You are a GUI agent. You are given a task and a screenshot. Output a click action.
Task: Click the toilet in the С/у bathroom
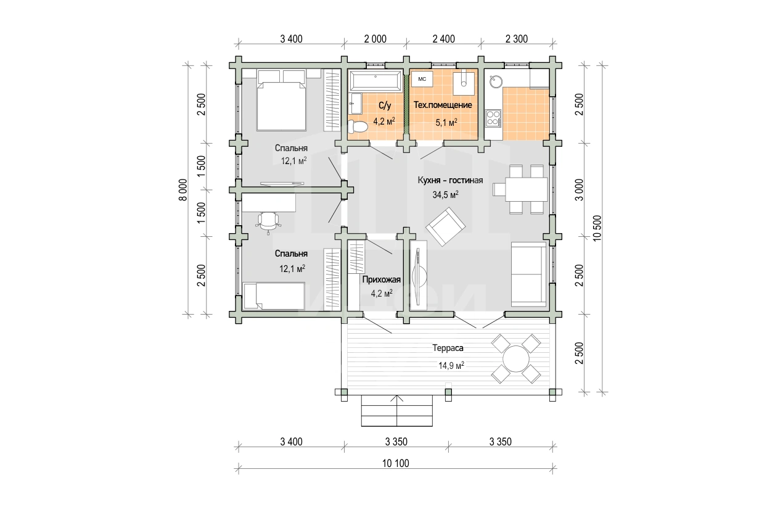coord(357,126)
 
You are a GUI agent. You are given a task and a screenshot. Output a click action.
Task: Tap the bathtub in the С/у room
coord(375,81)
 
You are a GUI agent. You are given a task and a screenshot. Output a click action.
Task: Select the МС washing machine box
coord(422,79)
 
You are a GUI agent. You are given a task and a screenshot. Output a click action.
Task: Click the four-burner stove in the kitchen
coord(493,118)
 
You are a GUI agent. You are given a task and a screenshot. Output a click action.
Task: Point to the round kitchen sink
coord(496,81)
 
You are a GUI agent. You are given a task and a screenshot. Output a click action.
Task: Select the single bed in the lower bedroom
coord(274,296)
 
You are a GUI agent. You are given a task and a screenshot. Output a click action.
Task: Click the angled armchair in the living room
coord(445,226)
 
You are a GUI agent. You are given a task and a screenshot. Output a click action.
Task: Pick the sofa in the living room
coord(528,274)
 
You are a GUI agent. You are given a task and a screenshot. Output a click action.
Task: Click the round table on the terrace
coord(516,359)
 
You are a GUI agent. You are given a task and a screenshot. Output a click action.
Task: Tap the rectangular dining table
coord(526,189)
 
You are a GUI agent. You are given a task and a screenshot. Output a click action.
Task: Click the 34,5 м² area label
coord(445,195)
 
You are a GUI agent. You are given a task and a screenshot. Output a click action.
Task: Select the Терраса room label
coord(448,348)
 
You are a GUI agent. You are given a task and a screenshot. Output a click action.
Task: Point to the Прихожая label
coord(382,279)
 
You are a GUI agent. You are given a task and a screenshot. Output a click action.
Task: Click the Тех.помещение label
coord(443,105)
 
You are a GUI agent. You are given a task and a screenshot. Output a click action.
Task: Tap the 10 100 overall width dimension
coord(395,463)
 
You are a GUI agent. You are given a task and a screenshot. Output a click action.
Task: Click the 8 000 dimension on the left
coord(183,189)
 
